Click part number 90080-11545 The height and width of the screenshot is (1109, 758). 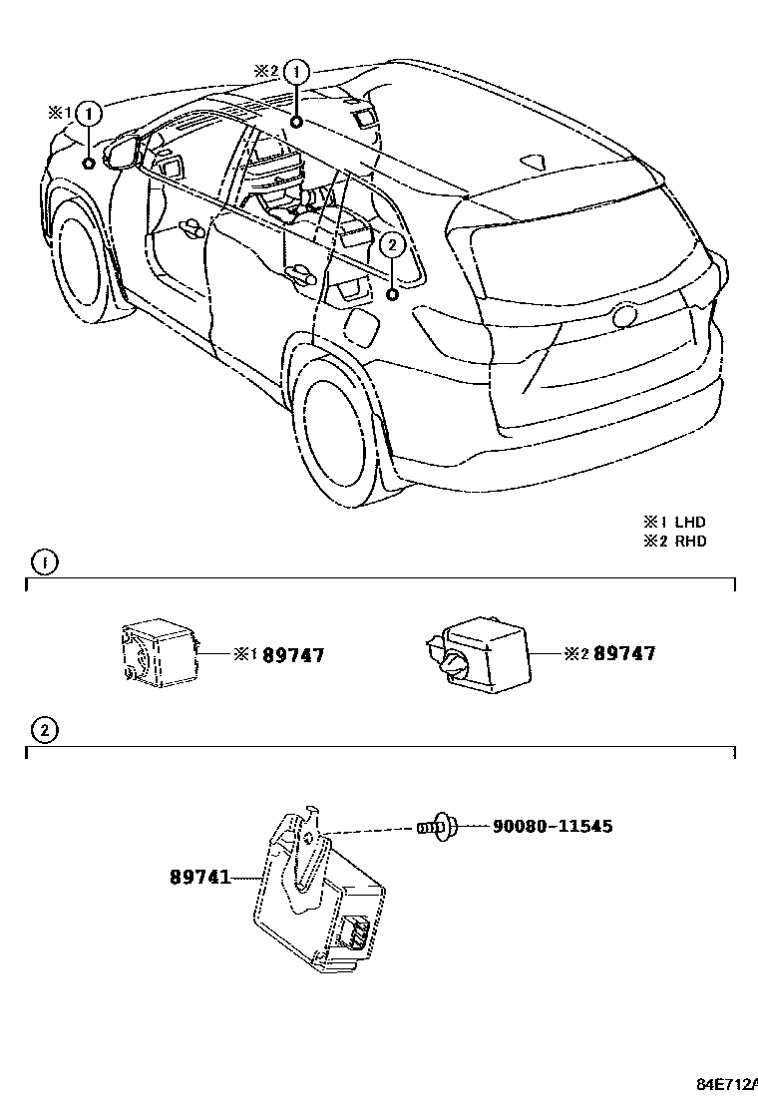click(553, 827)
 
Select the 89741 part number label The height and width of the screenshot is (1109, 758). click(199, 878)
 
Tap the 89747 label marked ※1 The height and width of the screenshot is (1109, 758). click(293, 654)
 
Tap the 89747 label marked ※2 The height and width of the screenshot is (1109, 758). click(624, 654)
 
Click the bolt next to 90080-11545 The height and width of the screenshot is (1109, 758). click(437, 827)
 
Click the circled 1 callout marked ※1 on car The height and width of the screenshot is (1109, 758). click(90, 114)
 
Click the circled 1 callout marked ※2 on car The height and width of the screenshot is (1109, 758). click(297, 72)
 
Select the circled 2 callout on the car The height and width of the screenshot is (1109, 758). click(393, 244)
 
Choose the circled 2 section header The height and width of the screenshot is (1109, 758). click(45, 731)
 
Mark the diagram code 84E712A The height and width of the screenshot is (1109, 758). click(725, 1084)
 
